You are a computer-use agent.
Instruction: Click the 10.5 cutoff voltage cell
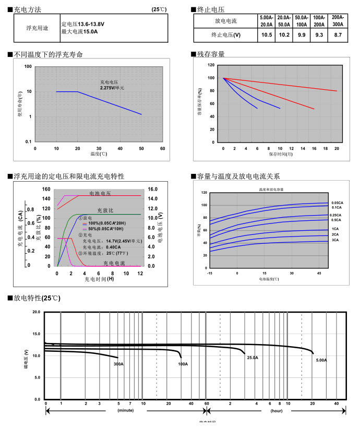pos(267,35)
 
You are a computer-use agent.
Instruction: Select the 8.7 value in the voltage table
pos(338,35)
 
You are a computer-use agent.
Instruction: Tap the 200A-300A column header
pos(338,21)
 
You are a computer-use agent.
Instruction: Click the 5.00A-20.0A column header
pos(267,21)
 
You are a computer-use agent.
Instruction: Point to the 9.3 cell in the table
pos(319,35)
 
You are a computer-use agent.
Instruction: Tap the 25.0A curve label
pos(253,358)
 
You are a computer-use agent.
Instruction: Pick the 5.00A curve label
pos(321,360)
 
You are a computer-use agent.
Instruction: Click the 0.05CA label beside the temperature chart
pos(337,203)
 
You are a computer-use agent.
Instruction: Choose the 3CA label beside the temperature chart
pos(335,240)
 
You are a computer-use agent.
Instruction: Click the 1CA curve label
pos(335,229)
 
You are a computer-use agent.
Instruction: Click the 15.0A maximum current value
pos(89,32)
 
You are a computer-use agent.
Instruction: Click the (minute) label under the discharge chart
pos(125,411)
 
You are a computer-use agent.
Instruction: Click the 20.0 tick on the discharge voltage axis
pos(37,312)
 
